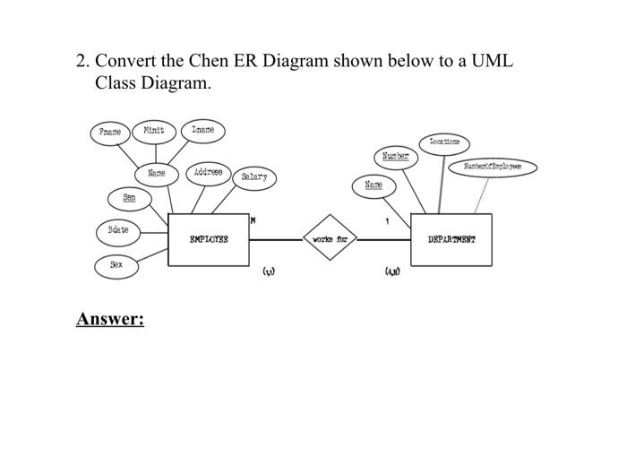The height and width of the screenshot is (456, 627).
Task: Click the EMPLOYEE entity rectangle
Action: point(209,239)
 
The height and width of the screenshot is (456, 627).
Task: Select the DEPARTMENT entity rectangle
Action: point(451,239)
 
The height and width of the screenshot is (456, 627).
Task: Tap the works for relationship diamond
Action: point(331,239)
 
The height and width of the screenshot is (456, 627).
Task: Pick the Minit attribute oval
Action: point(155,131)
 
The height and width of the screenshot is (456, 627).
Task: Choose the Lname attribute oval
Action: point(203,131)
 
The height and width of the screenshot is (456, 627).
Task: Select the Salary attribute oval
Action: point(253,177)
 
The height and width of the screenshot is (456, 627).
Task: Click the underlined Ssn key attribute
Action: point(130,196)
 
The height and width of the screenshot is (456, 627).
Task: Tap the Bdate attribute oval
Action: point(118,231)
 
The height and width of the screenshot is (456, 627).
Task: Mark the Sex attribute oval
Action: point(116,265)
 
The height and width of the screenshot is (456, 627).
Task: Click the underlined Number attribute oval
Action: point(395,157)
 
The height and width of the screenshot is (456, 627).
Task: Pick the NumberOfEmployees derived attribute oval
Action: point(493,168)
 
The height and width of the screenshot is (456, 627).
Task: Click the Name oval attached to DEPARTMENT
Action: point(374,185)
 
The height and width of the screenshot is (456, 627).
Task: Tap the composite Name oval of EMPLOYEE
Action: point(156,171)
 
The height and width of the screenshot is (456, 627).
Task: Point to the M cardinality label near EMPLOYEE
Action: point(253,219)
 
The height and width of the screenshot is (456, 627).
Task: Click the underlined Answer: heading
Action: point(110,320)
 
